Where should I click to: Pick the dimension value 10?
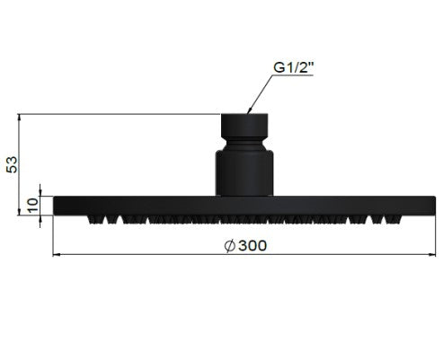click(x=33, y=206)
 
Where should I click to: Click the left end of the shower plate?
click(x=58, y=206)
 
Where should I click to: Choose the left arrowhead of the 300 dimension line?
click(x=59, y=254)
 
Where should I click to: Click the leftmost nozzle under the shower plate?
click(x=92, y=219)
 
